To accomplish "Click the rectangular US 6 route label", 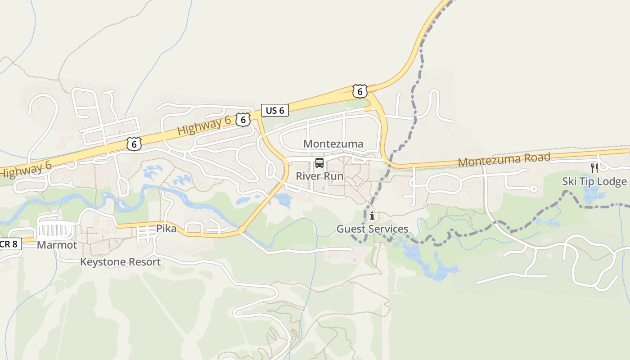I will click(275, 110).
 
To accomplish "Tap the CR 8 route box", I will click(9, 244).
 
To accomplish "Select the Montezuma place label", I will click(333, 144).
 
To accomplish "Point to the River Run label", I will click(319, 176).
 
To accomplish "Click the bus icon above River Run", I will click(319, 163).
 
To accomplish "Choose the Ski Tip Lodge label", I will click(594, 181).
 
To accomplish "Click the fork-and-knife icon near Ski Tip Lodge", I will click(594, 168).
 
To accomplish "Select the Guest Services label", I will click(373, 229).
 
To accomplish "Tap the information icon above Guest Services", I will click(372, 216).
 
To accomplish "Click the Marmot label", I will click(57, 245).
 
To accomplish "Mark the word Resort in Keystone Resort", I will click(144, 262).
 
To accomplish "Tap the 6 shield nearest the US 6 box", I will click(243, 120).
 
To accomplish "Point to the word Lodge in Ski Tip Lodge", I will click(614, 181).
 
